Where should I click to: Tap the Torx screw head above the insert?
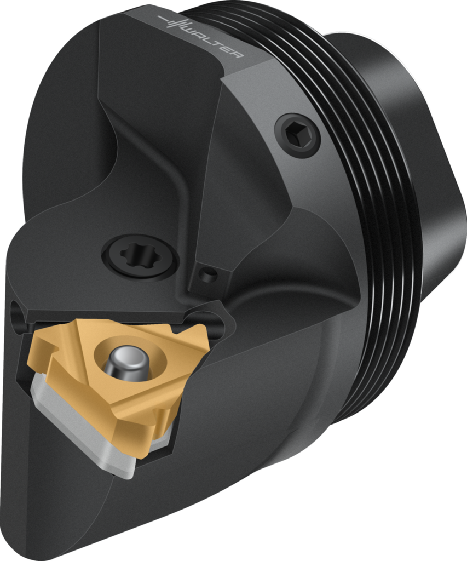(140, 255)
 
